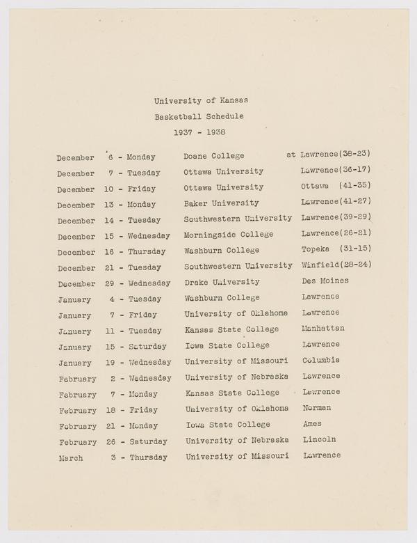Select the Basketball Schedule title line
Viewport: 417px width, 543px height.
(199, 116)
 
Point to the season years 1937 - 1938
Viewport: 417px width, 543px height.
(199, 132)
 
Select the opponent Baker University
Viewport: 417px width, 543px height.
(221, 203)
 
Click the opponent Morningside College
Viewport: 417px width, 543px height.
(229, 235)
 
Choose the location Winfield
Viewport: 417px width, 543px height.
(320, 265)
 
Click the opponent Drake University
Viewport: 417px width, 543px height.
(222, 282)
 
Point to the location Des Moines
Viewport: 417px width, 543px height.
(325, 281)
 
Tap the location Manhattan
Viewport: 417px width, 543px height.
(323, 328)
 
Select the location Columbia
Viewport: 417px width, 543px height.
(321, 360)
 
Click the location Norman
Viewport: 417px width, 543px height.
(317, 407)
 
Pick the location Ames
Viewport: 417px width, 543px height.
(313, 423)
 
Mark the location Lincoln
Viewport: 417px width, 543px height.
(320, 439)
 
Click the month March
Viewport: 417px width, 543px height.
(70, 458)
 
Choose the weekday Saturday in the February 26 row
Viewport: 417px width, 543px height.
(147, 442)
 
